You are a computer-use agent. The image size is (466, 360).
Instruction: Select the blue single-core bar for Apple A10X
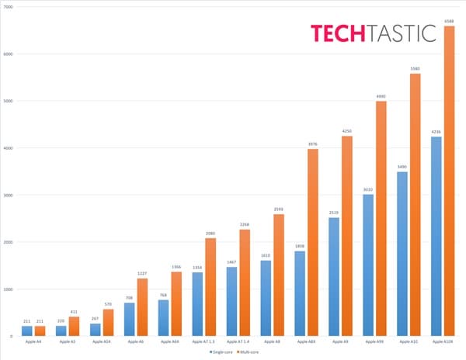(x=436, y=237)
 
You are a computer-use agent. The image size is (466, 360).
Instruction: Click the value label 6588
(x=448, y=21)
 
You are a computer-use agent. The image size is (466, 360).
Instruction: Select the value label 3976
(x=312, y=144)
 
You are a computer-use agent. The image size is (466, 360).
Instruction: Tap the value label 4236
(x=436, y=132)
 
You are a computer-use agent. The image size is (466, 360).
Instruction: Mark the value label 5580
(x=414, y=68)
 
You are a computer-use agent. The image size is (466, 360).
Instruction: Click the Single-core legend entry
(x=220, y=351)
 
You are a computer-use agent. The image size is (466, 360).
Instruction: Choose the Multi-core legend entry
(x=249, y=351)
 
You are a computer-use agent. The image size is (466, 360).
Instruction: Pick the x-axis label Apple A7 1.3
(x=203, y=341)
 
